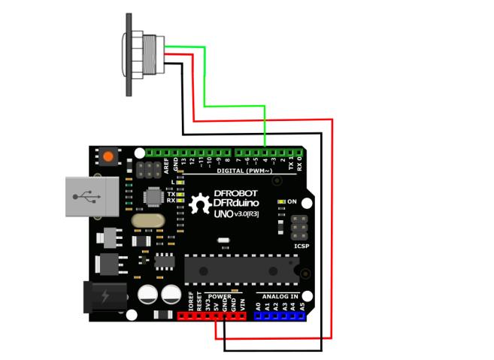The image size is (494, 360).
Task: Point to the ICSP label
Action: [x=299, y=246]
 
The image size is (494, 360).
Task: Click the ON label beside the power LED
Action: [x=293, y=201]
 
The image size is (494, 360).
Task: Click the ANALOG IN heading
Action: [x=279, y=296]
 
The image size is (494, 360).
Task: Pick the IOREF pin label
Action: [x=191, y=302]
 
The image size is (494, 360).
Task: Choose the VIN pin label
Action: [x=241, y=304]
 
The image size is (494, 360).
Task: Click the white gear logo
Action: [x=201, y=204]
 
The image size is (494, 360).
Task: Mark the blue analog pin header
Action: [x=280, y=316]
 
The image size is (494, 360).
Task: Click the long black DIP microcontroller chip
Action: [x=241, y=268]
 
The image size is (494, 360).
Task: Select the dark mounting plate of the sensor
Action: [x=130, y=54]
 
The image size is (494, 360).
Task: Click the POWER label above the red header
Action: [x=220, y=296]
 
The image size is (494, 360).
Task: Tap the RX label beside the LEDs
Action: [x=171, y=201]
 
